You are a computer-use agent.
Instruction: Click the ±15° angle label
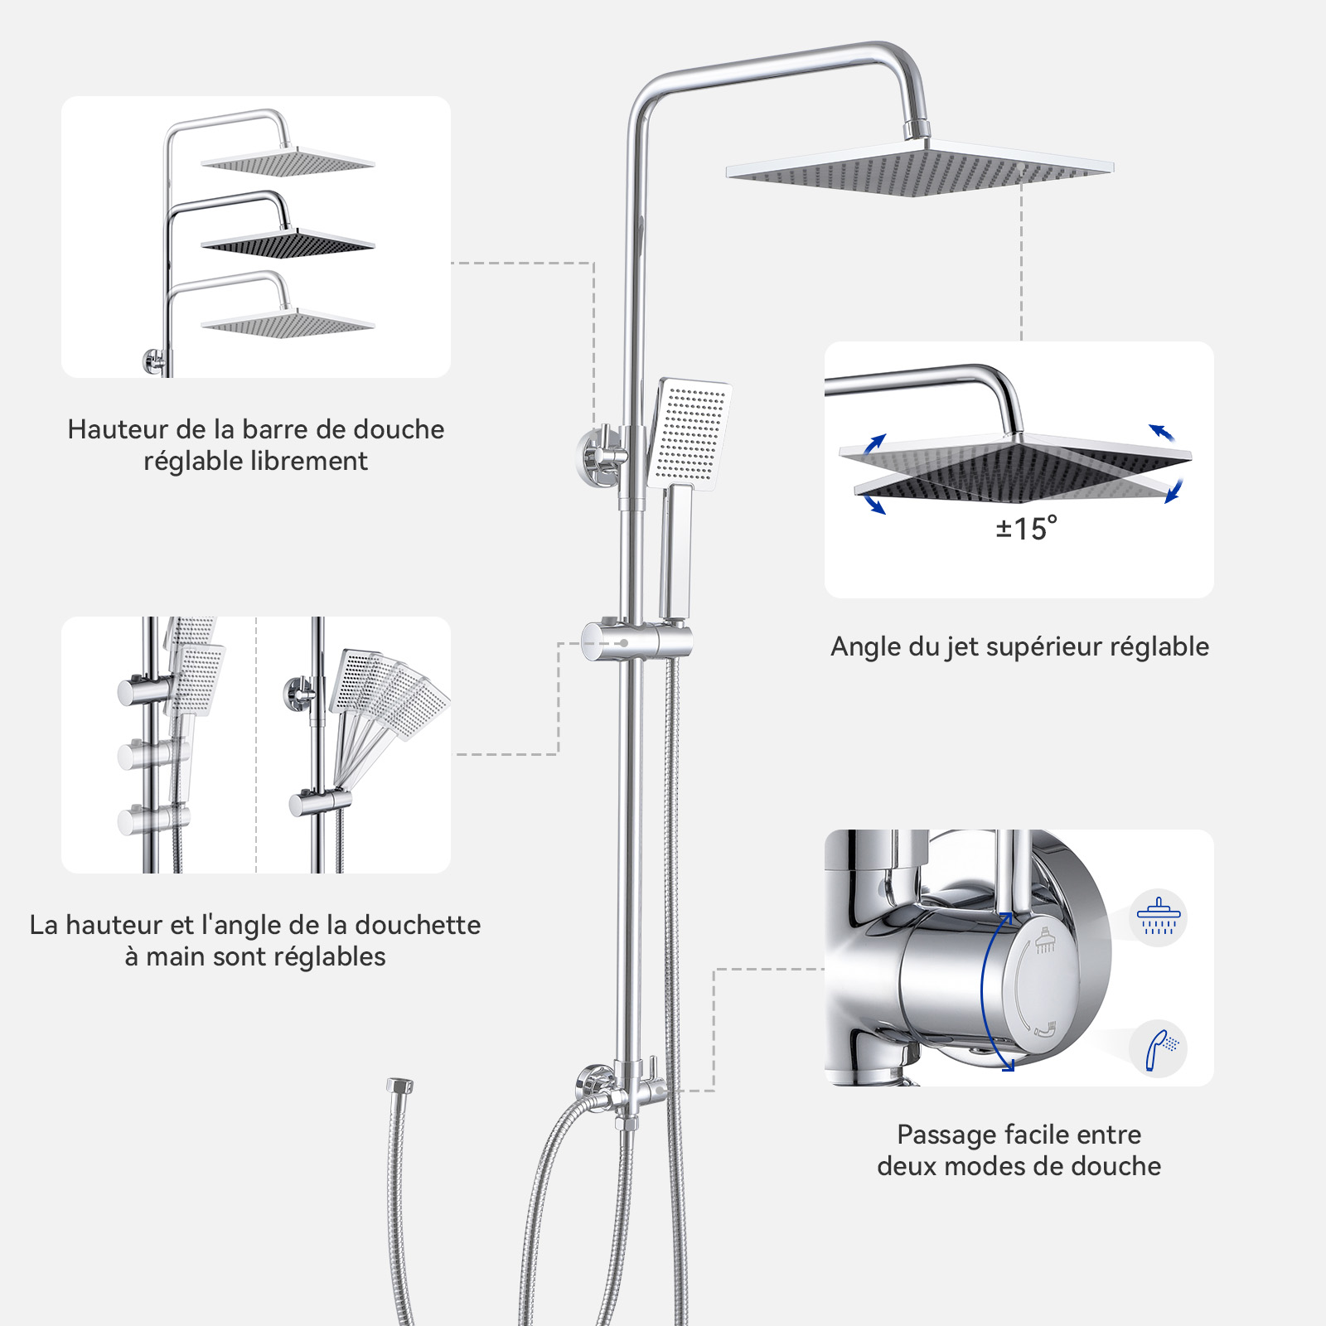pos(1026,528)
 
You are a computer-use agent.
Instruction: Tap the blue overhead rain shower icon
pos(1158,917)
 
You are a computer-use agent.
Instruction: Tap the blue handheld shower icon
pos(1159,1049)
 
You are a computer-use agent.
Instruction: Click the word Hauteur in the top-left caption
pos(119,429)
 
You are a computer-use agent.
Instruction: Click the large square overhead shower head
pos(920,168)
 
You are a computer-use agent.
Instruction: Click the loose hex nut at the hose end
pos(399,1086)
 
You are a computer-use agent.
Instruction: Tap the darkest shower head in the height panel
pos(287,241)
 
